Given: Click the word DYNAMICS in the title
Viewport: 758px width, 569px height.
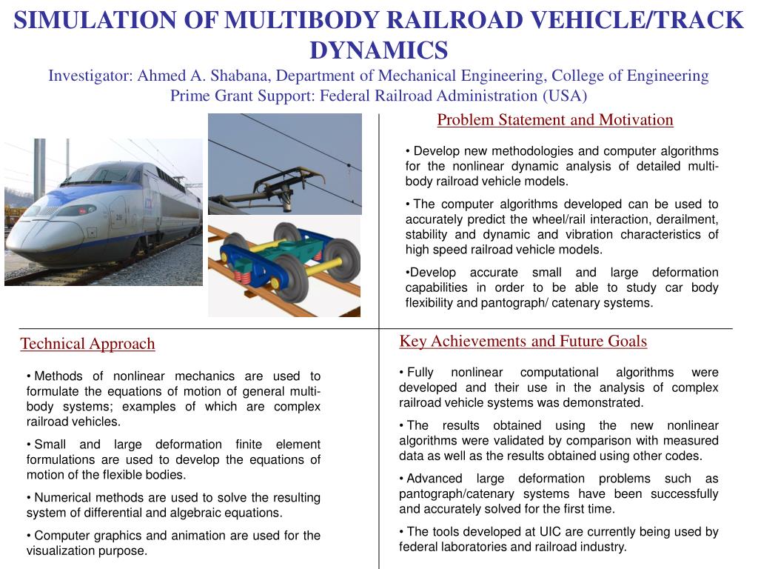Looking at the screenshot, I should pyautogui.click(x=378, y=50).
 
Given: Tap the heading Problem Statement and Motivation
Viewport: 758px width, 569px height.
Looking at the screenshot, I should pyautogui.click(x=554, y=120).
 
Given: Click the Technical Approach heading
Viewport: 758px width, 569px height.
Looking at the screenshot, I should pyautogui.click(x=87, y=344).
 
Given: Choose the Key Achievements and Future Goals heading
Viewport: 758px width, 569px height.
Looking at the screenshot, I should pyautogui.click(x=523, y=342).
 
